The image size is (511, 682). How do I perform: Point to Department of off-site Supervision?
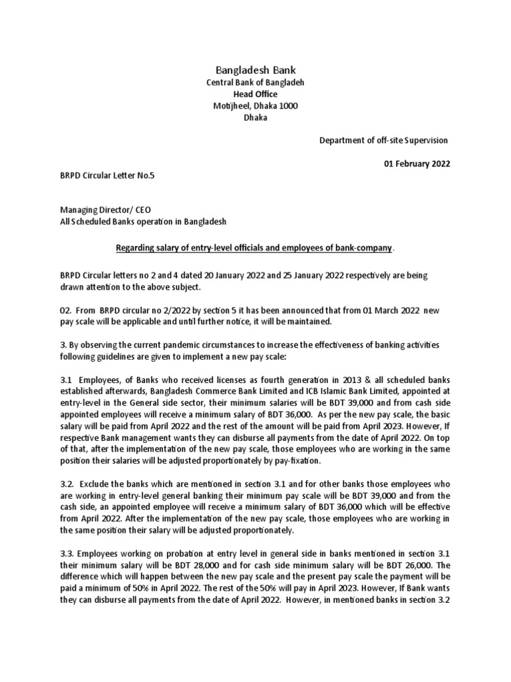(x=384, y=141)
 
